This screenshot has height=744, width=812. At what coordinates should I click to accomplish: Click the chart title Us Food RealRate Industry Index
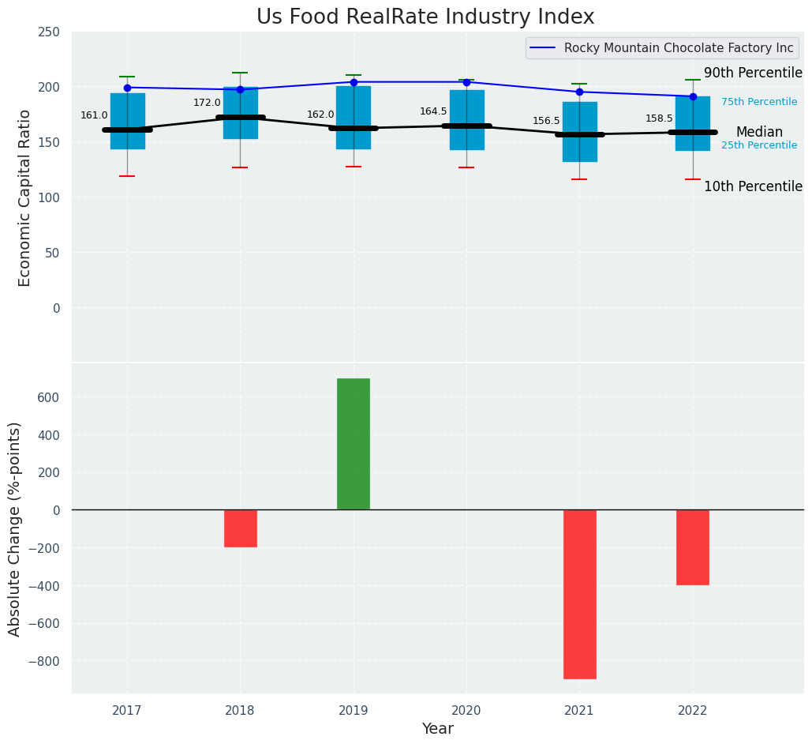425,17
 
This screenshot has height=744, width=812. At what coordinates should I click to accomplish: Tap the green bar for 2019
353,444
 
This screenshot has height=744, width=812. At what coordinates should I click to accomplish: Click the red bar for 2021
579,594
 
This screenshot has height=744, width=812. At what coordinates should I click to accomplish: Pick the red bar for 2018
240,528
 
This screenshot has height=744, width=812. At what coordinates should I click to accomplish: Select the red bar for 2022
692,547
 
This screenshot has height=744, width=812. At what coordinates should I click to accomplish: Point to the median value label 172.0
207,103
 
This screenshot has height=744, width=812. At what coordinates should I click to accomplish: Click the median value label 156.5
546,121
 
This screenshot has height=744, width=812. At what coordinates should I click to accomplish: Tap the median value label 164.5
433,111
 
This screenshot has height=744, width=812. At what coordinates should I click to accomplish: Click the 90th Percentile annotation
753,73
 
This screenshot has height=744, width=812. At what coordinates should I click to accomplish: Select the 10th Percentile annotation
753,187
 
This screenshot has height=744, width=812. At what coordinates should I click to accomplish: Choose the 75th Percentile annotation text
759,102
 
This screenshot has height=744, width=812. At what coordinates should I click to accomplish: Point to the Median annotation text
759,133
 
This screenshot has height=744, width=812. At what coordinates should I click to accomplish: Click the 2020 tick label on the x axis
466,710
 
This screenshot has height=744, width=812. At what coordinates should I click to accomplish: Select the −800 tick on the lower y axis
43,661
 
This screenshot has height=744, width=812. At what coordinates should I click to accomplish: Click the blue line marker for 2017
127,88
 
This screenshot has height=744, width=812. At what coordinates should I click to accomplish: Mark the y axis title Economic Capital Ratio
24,197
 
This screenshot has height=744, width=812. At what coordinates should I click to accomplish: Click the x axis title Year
437,729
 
